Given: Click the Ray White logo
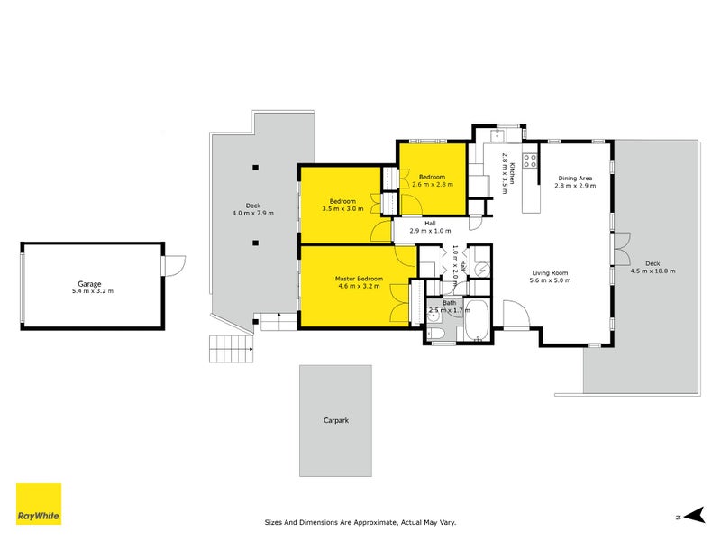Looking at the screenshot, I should point(39,504).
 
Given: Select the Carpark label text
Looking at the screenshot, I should point(335,420).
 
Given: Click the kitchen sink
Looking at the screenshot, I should point(497,135).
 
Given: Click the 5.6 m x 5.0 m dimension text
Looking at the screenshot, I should point(549,280).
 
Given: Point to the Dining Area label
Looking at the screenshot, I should point(574,179).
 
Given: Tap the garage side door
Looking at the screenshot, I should point(173,266).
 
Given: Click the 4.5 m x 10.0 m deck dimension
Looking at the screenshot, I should point(652,270).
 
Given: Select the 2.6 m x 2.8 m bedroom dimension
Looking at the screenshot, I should point(433,184).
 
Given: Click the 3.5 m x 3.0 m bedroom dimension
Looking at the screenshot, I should point(342,208).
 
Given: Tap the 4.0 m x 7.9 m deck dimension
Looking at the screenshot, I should point(252,213).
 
